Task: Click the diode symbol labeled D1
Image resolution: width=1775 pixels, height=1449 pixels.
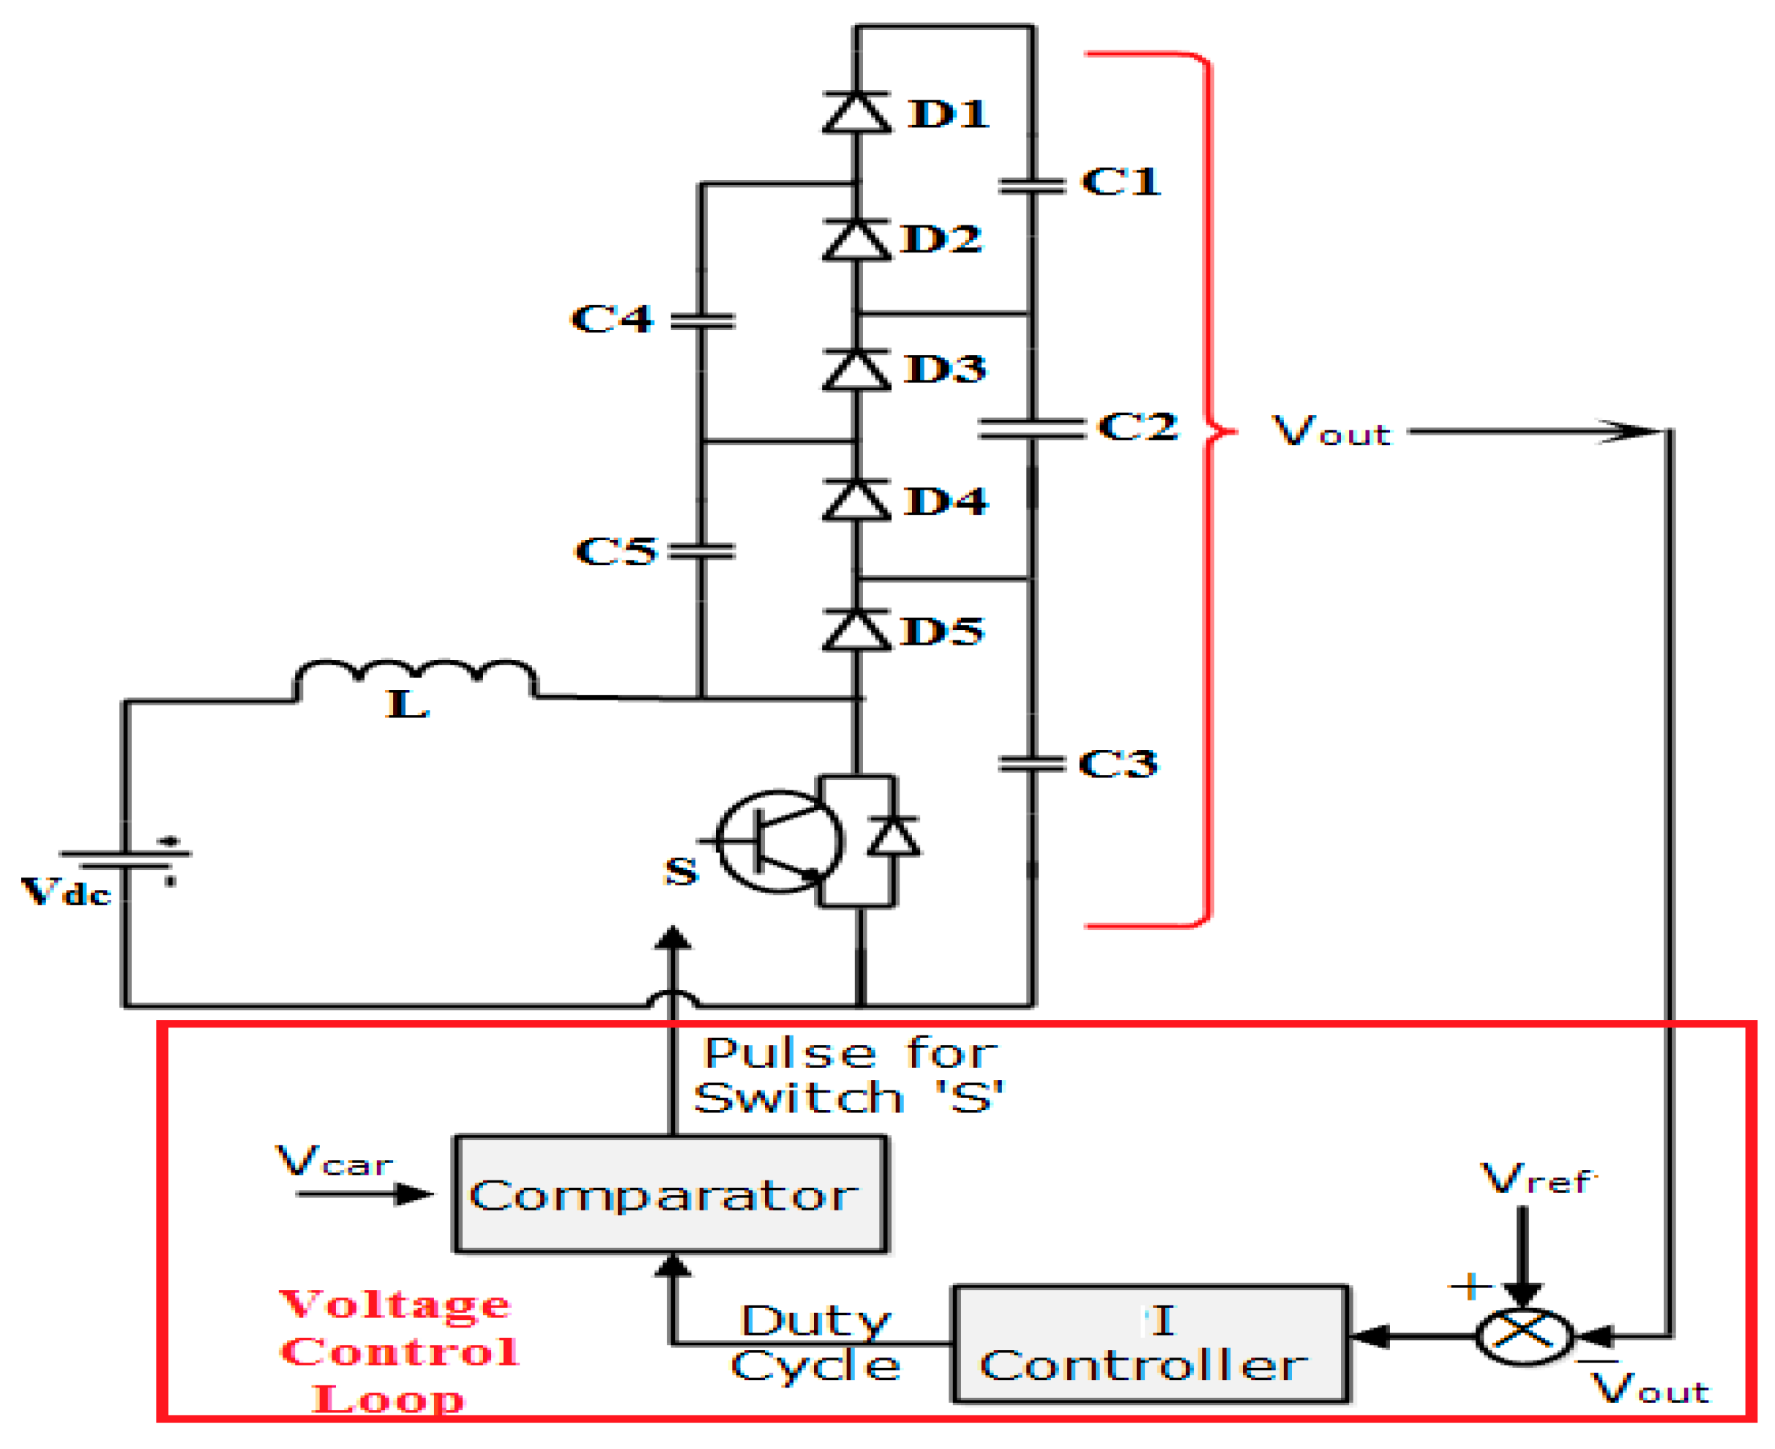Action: point(856,113)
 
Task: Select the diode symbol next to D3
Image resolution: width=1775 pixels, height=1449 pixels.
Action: point(856,370)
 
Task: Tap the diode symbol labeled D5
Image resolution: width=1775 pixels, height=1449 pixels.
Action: point(856,631)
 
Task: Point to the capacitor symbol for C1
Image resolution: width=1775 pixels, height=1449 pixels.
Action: point(1033,185)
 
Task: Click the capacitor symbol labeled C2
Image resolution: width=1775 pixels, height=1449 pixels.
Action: point(1032,429)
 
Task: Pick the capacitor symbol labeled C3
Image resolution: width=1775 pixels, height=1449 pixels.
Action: point(1032,763)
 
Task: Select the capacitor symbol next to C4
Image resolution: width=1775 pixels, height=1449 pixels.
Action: point(702,321)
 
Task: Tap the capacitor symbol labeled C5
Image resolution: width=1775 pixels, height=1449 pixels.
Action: point(702,551)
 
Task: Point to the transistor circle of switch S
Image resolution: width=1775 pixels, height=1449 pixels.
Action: point(780,842)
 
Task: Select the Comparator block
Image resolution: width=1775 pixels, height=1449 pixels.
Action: point(670,1194)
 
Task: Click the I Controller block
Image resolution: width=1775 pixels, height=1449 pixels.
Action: point(1151,1344)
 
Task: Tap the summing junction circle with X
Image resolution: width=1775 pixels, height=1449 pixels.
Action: point(1524,1336)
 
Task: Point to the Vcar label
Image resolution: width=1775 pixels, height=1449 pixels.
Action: point(334,1161)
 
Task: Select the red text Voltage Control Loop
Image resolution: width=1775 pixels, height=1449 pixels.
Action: point(398,1352)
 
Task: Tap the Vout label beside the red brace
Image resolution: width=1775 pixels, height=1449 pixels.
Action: point(1331,432)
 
